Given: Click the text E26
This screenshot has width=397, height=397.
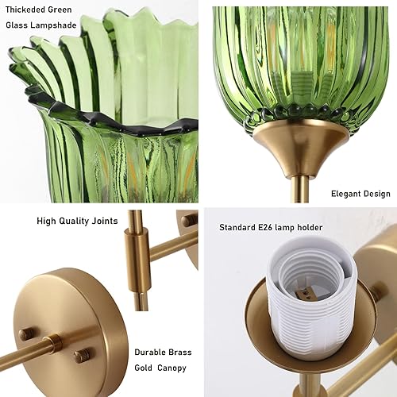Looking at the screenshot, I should click(x=275, y=227).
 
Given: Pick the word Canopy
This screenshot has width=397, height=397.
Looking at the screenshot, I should click(x=175, y=368).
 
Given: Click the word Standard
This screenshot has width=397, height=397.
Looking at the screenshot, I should click(x=241, y=227).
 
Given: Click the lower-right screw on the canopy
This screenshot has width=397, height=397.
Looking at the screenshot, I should click(x=82, y=355).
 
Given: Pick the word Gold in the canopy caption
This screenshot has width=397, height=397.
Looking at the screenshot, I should click(x=145, y=368).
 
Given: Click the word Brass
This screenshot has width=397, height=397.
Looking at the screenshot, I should click(x=180, y=352).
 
